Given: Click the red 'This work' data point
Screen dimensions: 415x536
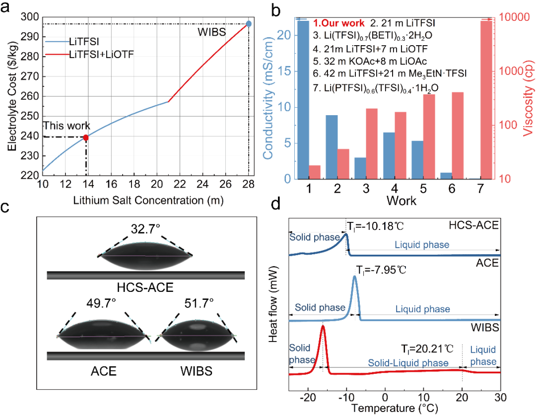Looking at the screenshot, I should tap(86, 137).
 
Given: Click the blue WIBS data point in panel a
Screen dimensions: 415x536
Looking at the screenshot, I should tap(249, 24).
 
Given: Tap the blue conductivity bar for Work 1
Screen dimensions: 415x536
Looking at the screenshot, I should tap(303, 99).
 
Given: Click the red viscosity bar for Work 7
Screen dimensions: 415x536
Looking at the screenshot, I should tap(486, 99).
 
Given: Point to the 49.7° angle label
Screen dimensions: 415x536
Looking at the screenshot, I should tap(103, 301).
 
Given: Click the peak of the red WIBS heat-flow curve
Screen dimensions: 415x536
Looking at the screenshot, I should tap(323, 326).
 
